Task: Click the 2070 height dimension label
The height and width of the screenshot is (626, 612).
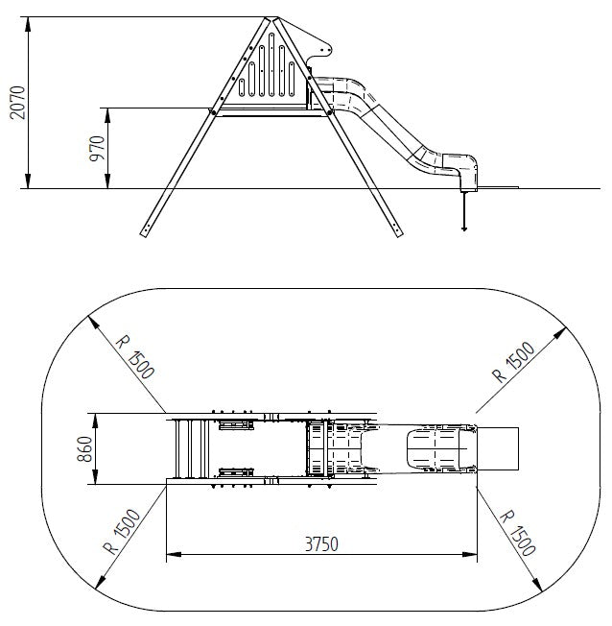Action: click(17, 102)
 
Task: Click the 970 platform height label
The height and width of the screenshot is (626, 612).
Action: click(97, 149)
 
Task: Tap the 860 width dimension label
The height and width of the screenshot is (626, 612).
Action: click(84, 449)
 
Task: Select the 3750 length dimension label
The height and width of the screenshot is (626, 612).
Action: click(321, 543)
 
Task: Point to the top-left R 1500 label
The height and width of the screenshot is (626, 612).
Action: click(135, 357)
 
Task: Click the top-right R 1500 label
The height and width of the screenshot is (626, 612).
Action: click(513, 362)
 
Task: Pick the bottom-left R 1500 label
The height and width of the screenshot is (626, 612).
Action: click(122, 531)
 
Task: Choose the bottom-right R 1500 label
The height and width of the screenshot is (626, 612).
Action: click(517, 533)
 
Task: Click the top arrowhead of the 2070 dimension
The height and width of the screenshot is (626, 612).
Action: click(28, 24)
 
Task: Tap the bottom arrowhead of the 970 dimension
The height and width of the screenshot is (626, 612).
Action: click(107, 181)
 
